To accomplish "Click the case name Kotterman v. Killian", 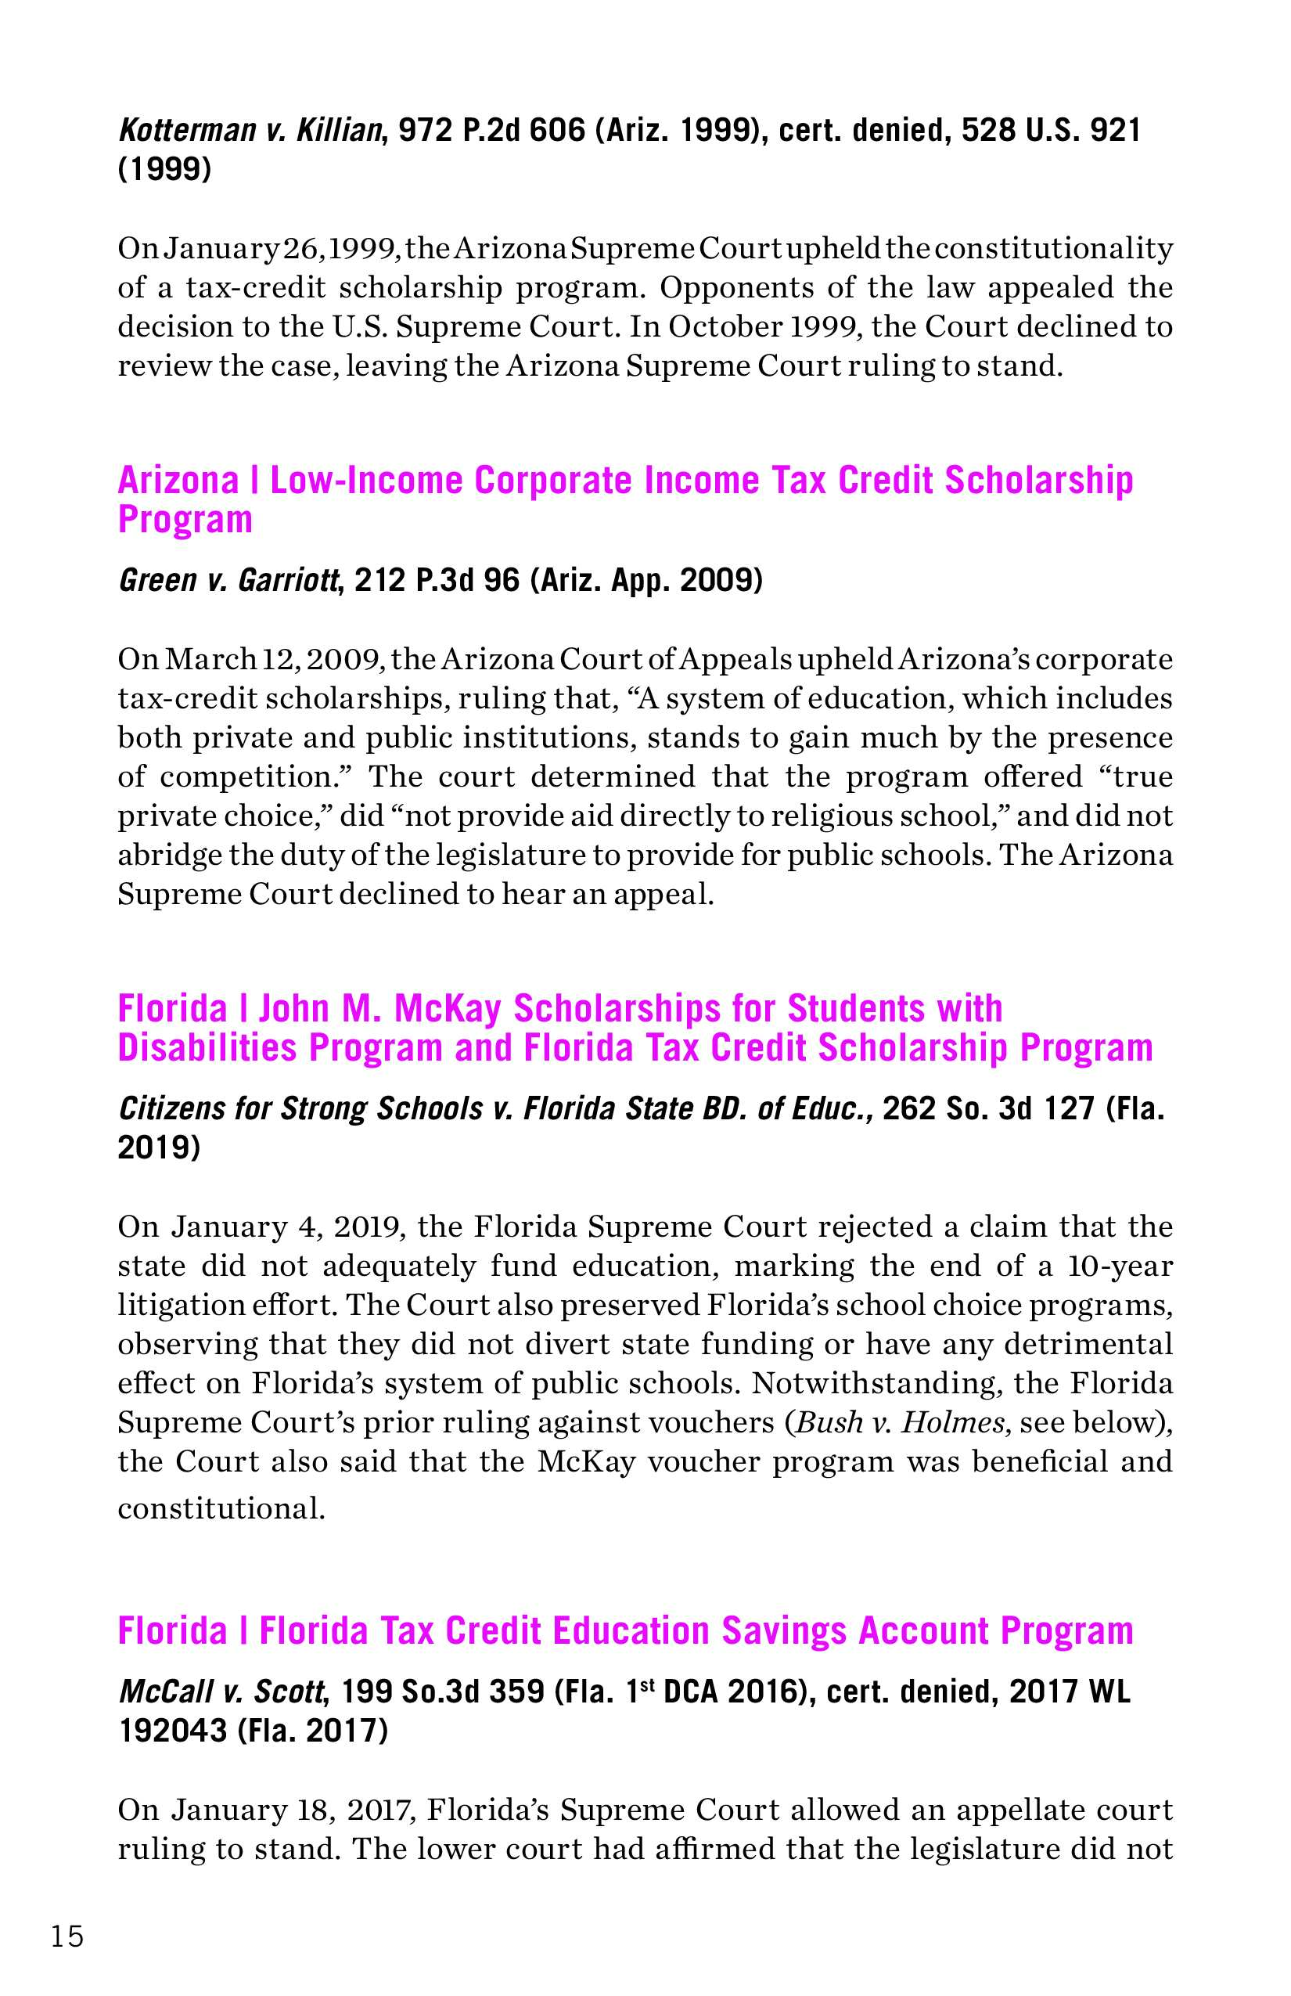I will pyautogui.click(x=250, y=132).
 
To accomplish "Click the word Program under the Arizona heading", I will pyautogui.click(x=185, y=520).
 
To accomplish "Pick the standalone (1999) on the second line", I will pyautogui.click(x=164, y=171).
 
